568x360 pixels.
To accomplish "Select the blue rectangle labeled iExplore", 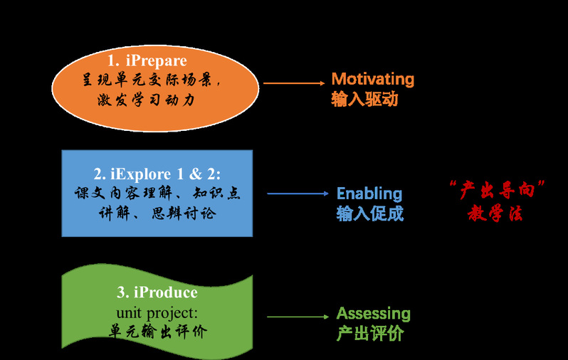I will tap(157, 194).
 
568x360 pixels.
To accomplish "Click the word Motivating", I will tap(373, 79).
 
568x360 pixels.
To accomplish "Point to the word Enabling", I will tap(369, 194).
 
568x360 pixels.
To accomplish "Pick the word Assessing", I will tap(374, 314).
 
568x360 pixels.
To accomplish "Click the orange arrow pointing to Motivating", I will tap(293, 83).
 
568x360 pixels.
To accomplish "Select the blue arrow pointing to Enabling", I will tap(298, 194).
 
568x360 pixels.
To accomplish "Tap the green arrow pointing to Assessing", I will tap(298, 317).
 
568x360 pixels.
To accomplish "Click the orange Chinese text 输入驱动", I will tap(364, 100).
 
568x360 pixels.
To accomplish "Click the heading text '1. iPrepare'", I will tap(147, 61).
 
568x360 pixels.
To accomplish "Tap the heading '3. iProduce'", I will tap(157, 292).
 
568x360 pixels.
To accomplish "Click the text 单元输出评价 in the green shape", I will tap(157, 332).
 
